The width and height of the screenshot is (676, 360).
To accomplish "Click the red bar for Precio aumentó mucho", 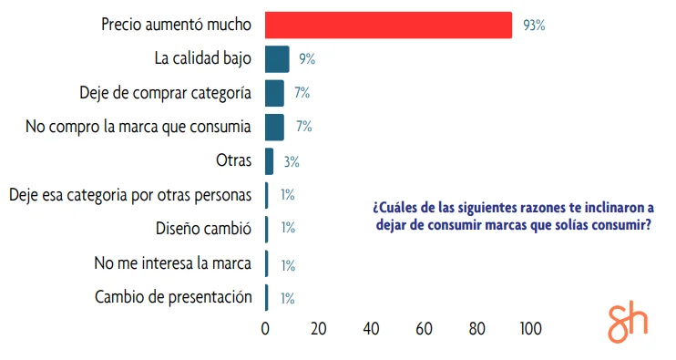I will (388, 26).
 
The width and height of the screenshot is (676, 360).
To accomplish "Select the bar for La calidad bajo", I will (277, 59).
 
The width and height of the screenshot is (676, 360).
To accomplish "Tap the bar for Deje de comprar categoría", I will (274, 93).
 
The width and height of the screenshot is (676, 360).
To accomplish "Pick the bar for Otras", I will (269, 160).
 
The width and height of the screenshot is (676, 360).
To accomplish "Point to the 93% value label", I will (534, 26).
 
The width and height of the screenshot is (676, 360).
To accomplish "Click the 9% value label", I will (306, 59).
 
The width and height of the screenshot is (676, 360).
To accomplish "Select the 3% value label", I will (292, 161).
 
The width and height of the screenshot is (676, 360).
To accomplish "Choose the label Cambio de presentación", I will (172, 296).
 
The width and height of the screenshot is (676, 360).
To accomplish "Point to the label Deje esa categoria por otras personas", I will (129, 194).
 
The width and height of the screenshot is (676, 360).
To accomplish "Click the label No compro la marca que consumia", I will (138, 127).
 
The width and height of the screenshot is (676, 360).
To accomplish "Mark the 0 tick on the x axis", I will (265, 328).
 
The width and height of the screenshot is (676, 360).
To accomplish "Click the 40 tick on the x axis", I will (371, 328).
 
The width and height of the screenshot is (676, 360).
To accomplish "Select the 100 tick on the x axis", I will (529, 328).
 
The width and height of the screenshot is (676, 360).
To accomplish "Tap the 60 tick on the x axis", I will (424, 328).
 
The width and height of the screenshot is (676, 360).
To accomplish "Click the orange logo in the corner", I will (628, 323).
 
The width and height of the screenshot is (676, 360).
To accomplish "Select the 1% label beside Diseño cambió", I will (288, 228).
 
